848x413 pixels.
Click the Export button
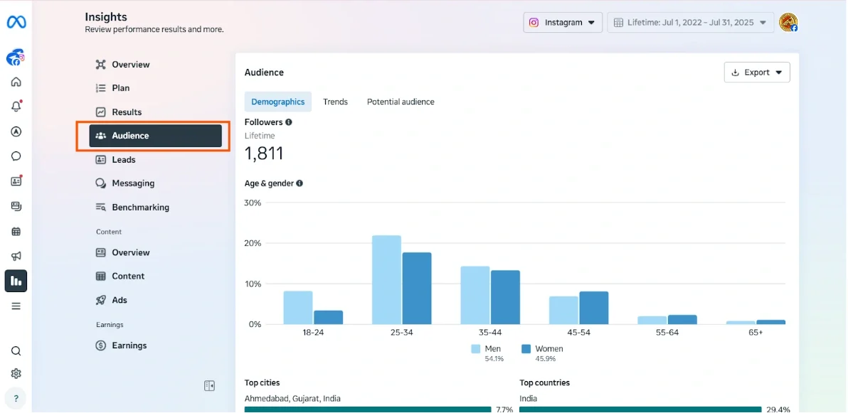tap(757, 73)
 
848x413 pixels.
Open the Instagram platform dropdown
tap(563, 23)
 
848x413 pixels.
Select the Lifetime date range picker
tap(690, 23)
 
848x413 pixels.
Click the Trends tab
tap(335, 102)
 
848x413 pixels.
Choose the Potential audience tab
tap(401, 102)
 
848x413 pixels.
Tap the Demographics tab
tap(277, 102)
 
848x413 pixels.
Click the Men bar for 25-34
tap(386, 280)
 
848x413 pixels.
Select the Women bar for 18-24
tap(329, 317)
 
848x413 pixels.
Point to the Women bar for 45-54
tap(594, 308)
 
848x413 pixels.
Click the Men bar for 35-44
tap(475, 295)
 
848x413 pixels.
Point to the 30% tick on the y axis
tap(253, 203)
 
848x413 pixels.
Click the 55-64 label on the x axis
tap(667, 333)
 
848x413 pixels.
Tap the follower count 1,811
tap(264, 154)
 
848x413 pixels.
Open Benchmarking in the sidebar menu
tap(140, 208)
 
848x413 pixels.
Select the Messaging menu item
tap(133, 183)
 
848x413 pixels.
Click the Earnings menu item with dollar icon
tap(129, 345)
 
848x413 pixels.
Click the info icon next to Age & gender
tap(300, 183)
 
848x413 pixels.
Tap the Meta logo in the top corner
tap(16, 23)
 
